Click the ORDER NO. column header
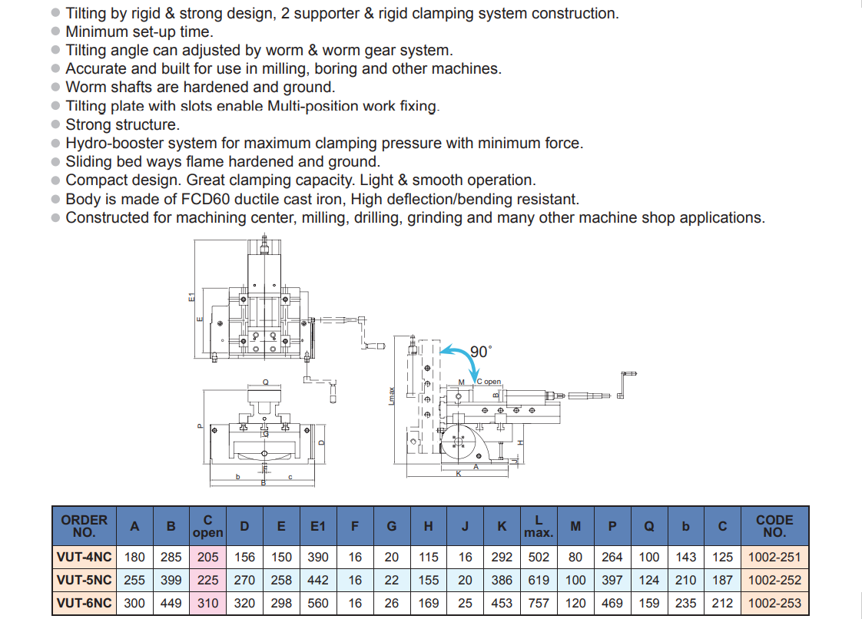pyautogui.click(x=84, y=526)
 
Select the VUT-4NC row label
pyautogui.click(x=84, y=558)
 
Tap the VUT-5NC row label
pyautogui.click(x=84, y=581)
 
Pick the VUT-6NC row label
pyautogui.click(x=84, y=604)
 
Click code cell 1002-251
pyautogui.click(x=774, y=558)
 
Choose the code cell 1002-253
pyautogui.click(x=774, y=604)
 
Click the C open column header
pyautogui.click(x=207, y=526)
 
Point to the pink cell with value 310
pyautogui.click(x=207, y=604)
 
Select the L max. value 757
pyautogui.click(x=539, y=604)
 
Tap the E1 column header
pyautogui.click(x=318, y=526)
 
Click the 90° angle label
pyautogui.click(x=480, y=352)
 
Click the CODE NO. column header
pyautogui.click(x=774, y=526)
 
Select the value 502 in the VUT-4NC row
pyautogui.click(x=539, y=558)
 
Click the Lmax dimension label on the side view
pyautogui.click(x=392, y=396)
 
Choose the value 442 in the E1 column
pyautogui.click(x=318, y=581)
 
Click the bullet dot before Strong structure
pyautogui.click(x=55, y=125)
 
